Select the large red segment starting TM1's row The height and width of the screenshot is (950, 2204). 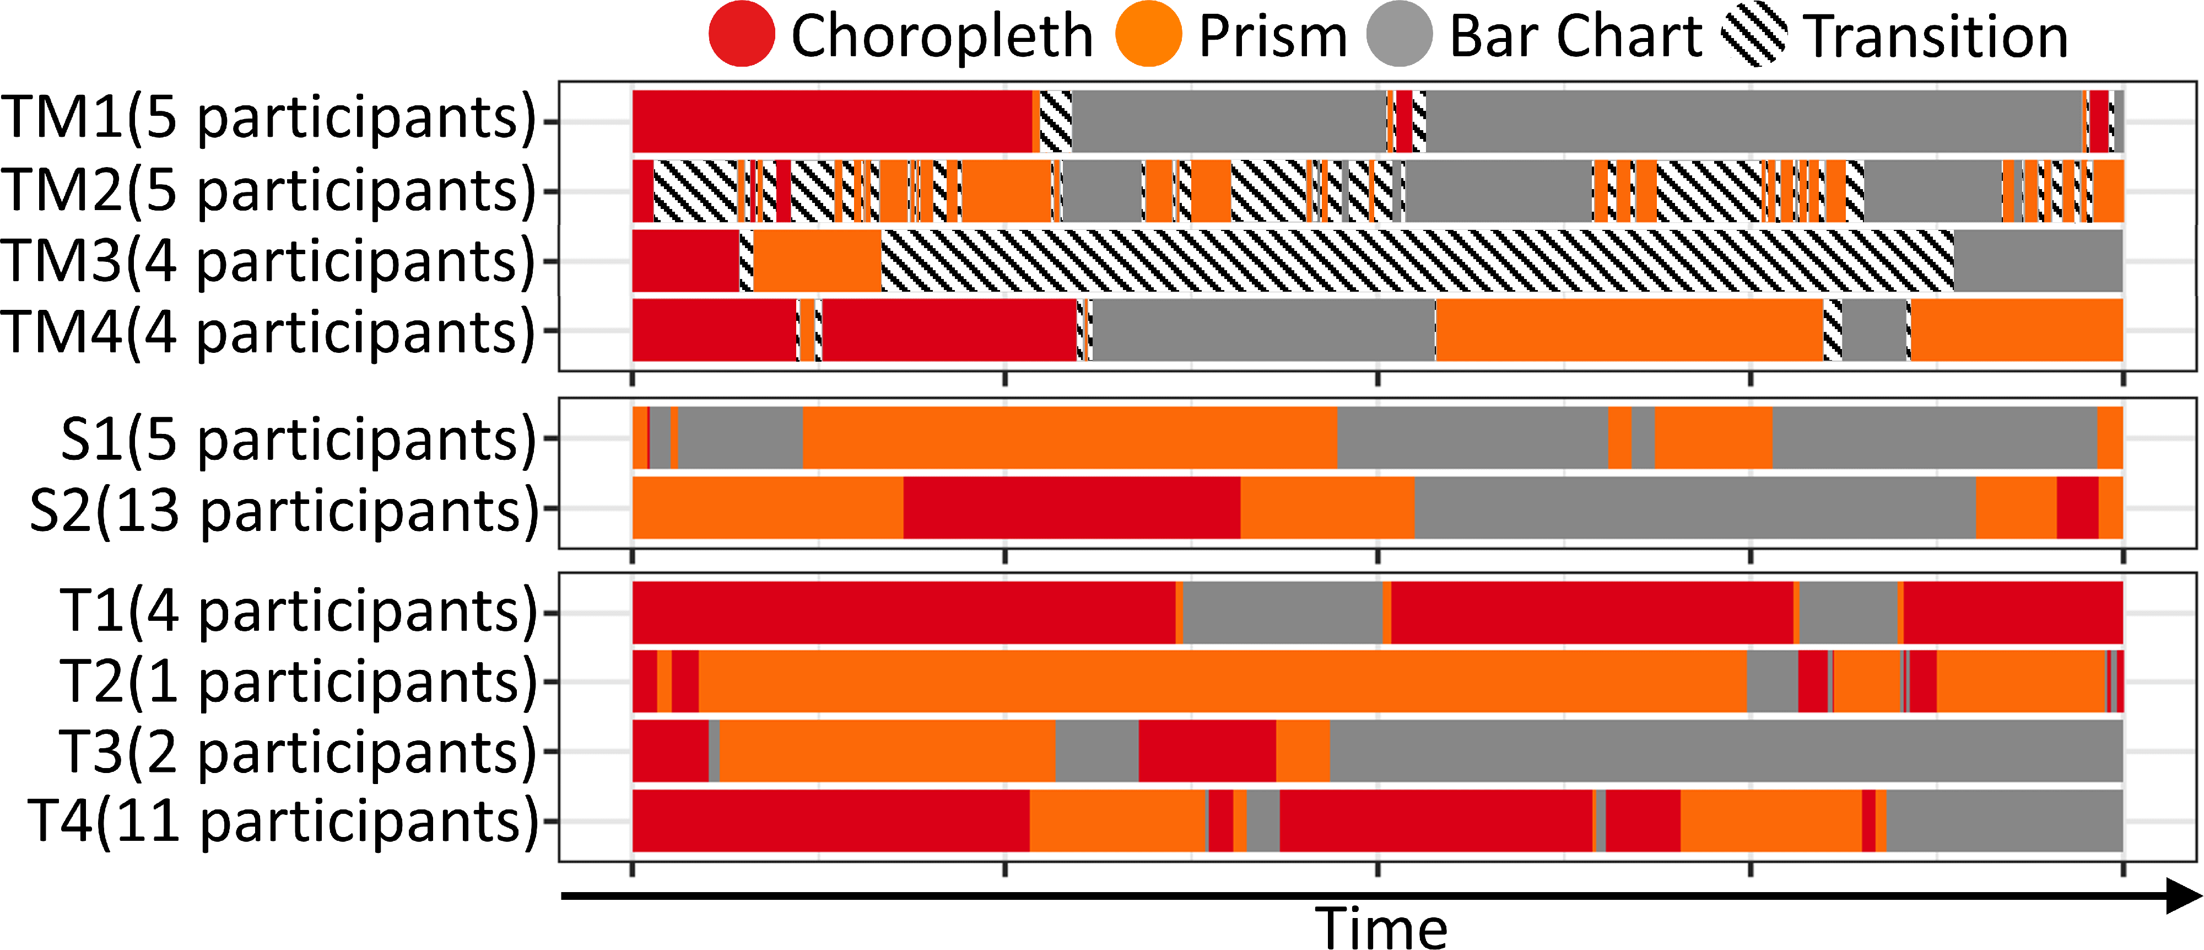[831, 121]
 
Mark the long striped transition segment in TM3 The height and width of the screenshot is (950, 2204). [1417, 260]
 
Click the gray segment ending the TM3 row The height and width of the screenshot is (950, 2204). [2038, 260]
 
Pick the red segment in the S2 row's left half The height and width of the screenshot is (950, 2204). [1071, 508]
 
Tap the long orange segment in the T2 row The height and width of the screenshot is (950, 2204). [1222, 681]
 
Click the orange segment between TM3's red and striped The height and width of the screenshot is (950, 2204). [817, 260]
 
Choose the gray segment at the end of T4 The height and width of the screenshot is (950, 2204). [2004, 821]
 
